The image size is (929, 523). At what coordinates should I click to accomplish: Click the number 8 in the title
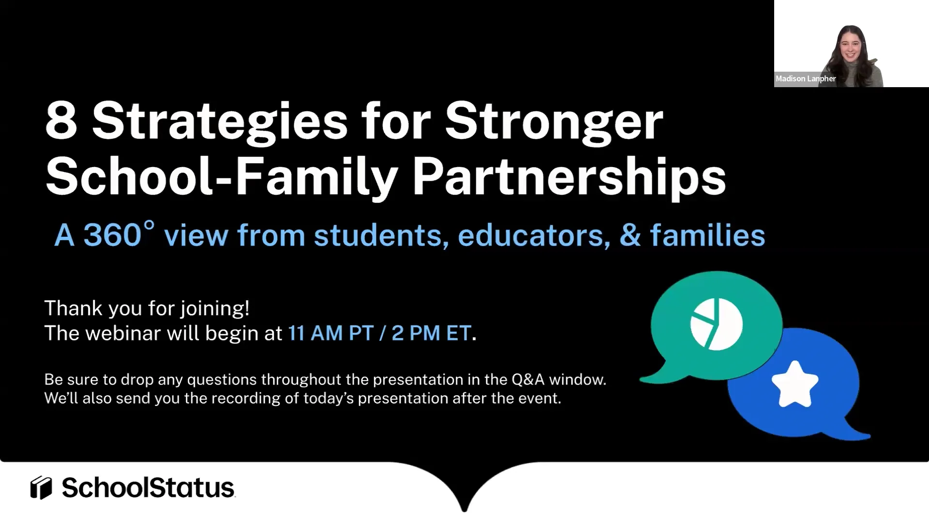click(x=61, y=121)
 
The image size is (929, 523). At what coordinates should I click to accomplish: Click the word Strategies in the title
click(x=220, y=122)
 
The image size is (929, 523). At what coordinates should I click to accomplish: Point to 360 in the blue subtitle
click(x=112, y=236)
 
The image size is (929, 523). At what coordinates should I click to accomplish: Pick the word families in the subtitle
click(x=707, y=236)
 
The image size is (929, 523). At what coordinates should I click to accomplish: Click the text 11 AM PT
click(x=331, y=333)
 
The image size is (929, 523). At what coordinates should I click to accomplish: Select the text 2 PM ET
click(x=431, y=333)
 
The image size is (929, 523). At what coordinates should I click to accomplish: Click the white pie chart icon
click(x=716, y=324)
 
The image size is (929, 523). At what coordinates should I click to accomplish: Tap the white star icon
click(x=794, y=384)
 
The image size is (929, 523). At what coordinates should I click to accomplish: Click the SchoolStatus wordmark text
click(x=148, y=488)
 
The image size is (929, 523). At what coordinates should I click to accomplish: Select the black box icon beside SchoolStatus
click(x=41, y=488)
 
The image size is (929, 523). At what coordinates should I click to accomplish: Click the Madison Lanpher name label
click(x=806, y=78)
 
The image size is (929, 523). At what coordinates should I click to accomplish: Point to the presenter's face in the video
click(x=851, y=46)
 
